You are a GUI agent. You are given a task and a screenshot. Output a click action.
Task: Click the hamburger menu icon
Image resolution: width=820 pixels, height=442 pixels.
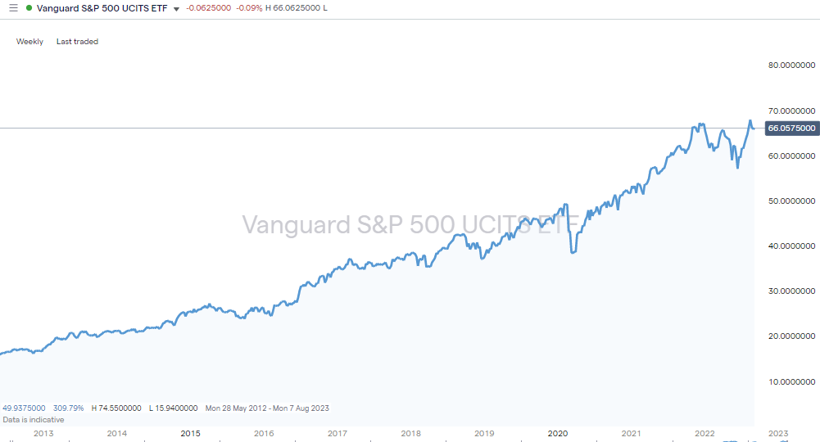(12, 8)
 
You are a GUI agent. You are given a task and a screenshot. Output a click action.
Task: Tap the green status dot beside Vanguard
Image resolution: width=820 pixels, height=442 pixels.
(29, 8)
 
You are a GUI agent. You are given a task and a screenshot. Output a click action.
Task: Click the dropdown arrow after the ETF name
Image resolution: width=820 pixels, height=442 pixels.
(176, 9)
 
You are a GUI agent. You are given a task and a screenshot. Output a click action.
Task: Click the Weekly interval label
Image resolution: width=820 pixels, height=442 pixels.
(29, 42)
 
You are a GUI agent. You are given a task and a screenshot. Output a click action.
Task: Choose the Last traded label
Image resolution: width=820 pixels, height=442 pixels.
(77, 42)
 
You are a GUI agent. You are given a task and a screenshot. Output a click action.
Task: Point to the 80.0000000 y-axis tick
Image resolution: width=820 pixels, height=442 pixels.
(791, 65)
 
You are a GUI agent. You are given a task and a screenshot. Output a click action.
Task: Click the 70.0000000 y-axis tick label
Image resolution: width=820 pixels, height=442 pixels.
(791, 110)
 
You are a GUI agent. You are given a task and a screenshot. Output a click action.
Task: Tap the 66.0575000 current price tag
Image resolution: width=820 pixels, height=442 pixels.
(791, 129)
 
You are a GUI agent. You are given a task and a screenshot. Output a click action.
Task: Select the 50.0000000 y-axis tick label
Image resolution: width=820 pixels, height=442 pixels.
(791, 201)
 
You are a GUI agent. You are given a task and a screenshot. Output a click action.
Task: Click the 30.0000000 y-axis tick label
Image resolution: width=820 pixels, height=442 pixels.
(791, 291)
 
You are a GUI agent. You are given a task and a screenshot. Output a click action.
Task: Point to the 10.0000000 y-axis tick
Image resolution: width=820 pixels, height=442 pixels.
(791, 381)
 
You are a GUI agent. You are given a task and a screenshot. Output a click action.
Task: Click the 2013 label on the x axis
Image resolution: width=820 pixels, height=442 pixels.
(43, 434)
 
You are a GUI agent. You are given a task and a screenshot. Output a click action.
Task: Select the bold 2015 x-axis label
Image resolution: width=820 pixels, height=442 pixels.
(190, 434)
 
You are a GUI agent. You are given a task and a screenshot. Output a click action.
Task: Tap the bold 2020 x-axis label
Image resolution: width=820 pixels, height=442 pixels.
(557, 434)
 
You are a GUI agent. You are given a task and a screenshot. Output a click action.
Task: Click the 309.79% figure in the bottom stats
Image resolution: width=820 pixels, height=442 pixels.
(69, 408)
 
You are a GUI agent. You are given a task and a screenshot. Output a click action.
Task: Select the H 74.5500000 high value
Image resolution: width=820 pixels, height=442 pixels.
(116, 408)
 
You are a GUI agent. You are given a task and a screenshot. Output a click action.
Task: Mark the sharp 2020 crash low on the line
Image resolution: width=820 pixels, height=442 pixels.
(573, 252)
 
